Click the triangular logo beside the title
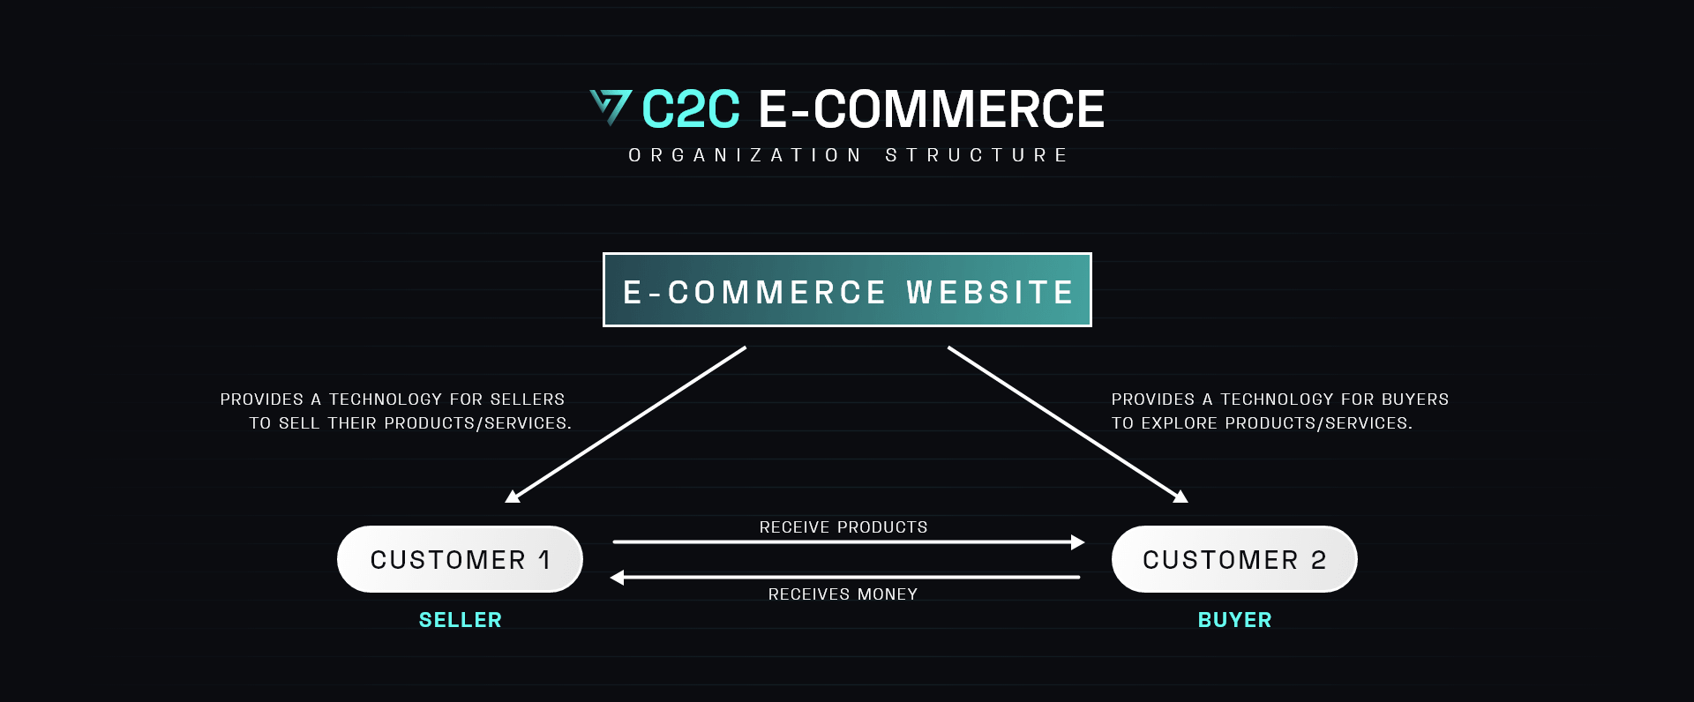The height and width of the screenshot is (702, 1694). tap(611, 107)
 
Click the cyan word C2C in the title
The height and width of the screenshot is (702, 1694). tap(691, 109)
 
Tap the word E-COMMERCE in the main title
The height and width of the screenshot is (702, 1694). tap(931, 109)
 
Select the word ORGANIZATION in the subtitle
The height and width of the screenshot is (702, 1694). tap(745, 155)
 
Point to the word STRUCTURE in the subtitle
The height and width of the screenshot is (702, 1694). tap(977, 155)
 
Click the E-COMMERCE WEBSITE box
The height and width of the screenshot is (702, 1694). tap(847, 290)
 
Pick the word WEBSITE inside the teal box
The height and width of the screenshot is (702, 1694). tap(990, 292)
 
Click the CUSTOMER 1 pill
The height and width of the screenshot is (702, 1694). tap(460, 559)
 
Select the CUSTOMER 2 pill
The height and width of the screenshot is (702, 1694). tap(1234, 559)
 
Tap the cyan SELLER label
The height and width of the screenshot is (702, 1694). tap(461, 620)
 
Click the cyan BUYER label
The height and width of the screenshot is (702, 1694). tap(1235, 620)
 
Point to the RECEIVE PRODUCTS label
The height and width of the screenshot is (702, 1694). tap(843, 527)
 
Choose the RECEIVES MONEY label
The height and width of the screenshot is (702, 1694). tap(843, 594)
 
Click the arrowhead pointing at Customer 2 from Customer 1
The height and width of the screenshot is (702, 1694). tap(1077, 542)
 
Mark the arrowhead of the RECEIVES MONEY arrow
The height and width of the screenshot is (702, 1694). tap(618, 578)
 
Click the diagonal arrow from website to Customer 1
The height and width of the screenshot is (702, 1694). tap(626, 425)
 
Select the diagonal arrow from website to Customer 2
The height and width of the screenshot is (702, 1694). tap(1068, 425)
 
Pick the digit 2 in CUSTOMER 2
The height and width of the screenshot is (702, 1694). tap(1319, 560)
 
